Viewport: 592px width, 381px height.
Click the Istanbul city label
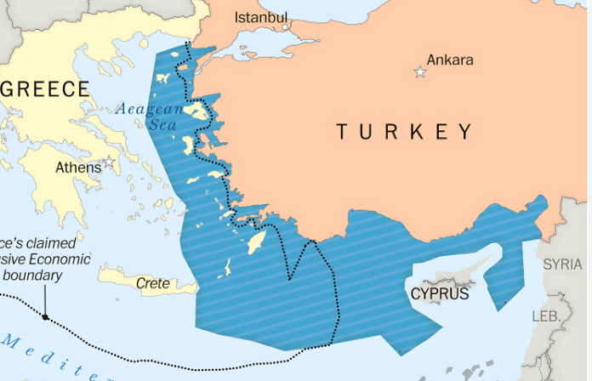tap(261, 17)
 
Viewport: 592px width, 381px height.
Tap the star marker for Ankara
tap(419, 72)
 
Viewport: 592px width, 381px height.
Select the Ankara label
tap(450, 60)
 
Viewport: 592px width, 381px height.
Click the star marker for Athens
tap(109, 162)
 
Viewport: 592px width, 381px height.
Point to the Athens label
tap(78, 168)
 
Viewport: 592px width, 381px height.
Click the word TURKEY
tap(404, 132)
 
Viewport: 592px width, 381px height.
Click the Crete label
tap(153, 284)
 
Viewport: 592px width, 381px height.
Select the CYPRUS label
tap(439, 294)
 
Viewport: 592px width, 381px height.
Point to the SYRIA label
tap(563, 264)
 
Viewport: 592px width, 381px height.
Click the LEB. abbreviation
tap(544, 316)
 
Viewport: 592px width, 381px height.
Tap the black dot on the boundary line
tap(45, 317)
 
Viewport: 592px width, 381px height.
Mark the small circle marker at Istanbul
tap(286, 26)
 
